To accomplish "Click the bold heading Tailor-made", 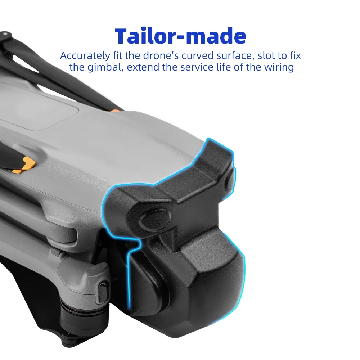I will [x=180, y=36].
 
